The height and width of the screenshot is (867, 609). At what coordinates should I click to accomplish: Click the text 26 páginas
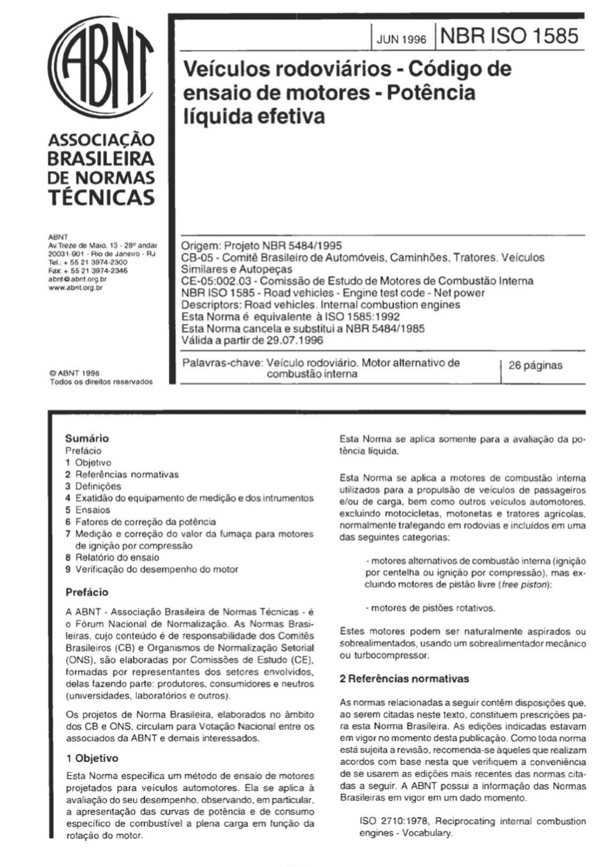[x=537, y=366]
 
